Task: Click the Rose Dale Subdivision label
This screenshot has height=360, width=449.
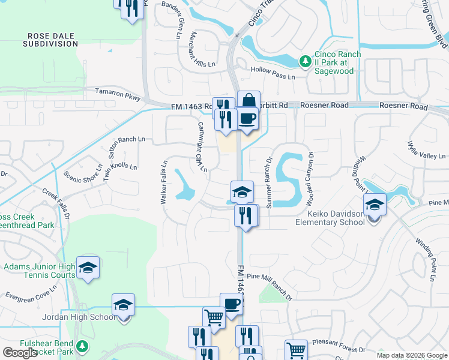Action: tap(50, 40)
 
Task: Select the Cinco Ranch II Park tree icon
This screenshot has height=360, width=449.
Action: tap(305, 61)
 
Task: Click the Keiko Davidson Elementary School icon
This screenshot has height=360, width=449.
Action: tap(374, 205)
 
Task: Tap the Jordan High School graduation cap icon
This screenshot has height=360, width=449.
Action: tap(123, 305)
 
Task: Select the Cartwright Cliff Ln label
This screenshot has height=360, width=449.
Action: tap(202, 146)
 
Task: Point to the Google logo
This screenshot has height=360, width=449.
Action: tap(20, 353)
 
